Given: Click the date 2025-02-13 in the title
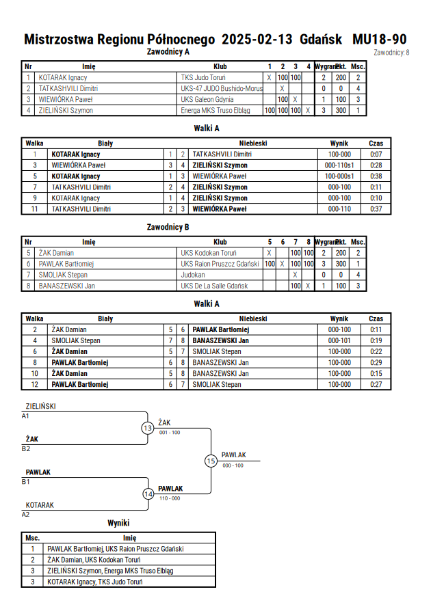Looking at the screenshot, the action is point(257,39).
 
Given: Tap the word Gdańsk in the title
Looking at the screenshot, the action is point(321,39).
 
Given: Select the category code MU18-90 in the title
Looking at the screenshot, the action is point(379,39).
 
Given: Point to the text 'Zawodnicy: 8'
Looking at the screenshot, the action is point(391,53).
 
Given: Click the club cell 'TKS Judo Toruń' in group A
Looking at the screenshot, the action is point(203,78).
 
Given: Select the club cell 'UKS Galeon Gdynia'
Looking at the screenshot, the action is point(207,99).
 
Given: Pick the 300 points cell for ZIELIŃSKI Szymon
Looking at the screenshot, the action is point(341,110).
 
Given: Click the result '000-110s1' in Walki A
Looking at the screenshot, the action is point(339,165).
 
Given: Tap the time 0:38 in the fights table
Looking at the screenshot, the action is point(376,176).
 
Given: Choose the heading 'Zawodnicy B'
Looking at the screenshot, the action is point(168,227).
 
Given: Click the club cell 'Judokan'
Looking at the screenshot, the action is point(193,275).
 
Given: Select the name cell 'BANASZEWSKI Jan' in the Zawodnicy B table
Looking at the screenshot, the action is point(67,286).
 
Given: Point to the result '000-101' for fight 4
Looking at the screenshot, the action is point(339,340).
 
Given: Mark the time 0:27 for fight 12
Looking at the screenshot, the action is point(376,385).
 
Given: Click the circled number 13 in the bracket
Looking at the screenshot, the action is point(148,429).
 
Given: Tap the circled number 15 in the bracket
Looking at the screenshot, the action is point(211,461).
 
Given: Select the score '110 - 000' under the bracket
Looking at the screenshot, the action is point(170,498).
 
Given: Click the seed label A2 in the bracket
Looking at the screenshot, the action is point(25,515).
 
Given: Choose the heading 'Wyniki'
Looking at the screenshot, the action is point(118,523).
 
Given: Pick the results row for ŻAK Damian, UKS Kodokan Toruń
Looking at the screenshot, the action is point(118,560).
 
